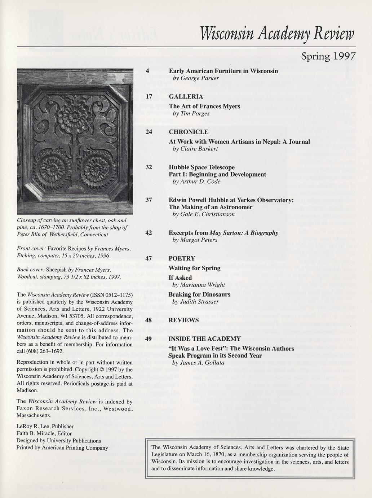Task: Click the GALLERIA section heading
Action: (x=186, y=97)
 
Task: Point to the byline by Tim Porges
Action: (x=191, y=113)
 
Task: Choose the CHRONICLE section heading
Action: (x=189, y=132)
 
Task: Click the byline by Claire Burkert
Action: (x=195, y=149)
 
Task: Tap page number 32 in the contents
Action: (x=149, y=167)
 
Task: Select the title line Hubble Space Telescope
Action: (x=201, y=167)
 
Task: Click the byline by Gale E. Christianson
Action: (x=203, y=214)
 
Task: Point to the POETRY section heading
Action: (x=182, y=258)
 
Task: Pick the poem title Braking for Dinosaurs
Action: (x=199, y=294)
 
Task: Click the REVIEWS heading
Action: (x=183, y=320)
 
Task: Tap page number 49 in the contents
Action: (x=149, y=339)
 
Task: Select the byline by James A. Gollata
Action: (x=198, y=363)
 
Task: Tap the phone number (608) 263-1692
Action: (x=46, y=351)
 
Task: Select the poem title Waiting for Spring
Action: (x=194, y=268)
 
